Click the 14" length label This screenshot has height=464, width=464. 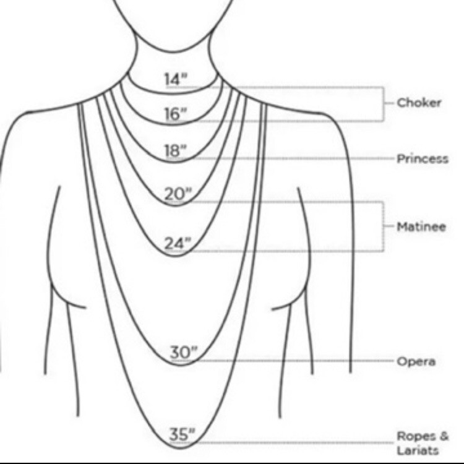(x=176, y=79)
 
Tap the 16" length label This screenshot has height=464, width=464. (x=176, y=114)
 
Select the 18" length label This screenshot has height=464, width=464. (x=176, y=150)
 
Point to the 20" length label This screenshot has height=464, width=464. (x=178, y=194)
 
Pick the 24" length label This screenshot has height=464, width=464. (x=178, y=244)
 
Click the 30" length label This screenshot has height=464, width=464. (x=184, y=353)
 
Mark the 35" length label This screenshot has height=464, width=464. (x=183, y=434)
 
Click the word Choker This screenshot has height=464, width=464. (x=419, y=103)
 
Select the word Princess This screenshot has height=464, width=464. (x=423, y=158)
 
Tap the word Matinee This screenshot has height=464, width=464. (x=421, y=226)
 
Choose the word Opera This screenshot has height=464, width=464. (x=416, y=362)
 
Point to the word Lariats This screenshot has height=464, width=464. (x=417, y=450)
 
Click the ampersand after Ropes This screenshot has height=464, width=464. (x=444, y=436)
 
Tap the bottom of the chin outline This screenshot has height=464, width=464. (x=174, y=52)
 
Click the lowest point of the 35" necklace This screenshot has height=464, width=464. (x=181, y=448)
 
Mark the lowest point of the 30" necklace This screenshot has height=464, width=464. (x=181, y=365)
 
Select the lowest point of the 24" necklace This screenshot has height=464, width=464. (x=175, y=256)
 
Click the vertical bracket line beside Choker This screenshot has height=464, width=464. (x=384, y=104)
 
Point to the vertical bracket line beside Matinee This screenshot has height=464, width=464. (x=384, y=226)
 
